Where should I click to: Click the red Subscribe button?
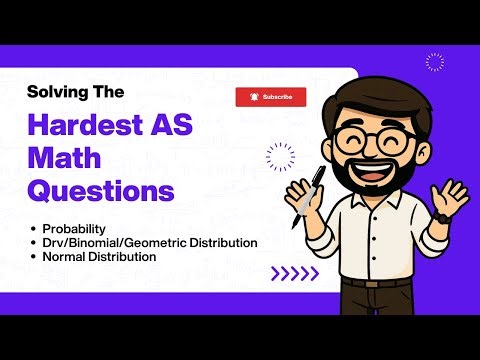[x=270, y=97]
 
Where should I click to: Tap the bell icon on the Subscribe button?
[x=254, y=97]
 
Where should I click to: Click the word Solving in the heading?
[x=56, y=91]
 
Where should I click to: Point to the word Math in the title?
[x=64, y=157]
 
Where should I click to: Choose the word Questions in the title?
[x=100, y=189]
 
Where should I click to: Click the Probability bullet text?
[x=74, y=228]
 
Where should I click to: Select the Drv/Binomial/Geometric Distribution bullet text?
[x=143, y=243]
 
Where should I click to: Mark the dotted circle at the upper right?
[x=433, y=62]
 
